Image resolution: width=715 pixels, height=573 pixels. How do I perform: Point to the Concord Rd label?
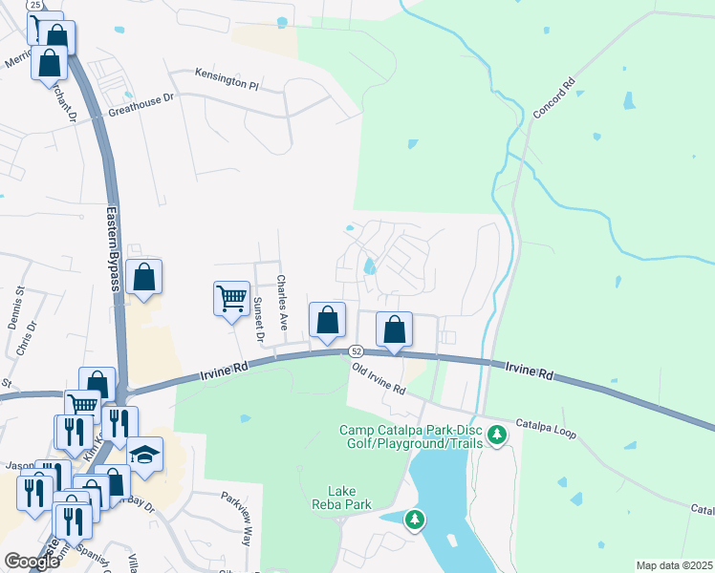pyautogui.click(x=553, y=98)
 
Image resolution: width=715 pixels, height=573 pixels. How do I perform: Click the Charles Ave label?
pyautogui.click(x=282, y=303)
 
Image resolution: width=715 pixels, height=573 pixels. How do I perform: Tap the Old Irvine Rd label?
pyautogui.click(x=379, y=378)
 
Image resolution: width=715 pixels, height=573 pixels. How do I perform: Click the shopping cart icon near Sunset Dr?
pyautogui.click(x=232, y=300)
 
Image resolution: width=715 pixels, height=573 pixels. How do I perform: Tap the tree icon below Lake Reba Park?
pyautogui.click(x=414, y=520)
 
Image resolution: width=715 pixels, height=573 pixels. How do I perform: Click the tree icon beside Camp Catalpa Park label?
pyautogui.click(x=496, y=435)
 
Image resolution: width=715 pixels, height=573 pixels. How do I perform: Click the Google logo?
pyautogui.click(x=32, y=562)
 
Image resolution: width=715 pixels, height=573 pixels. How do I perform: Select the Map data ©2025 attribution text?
pyautogui.click(x=674, y=565)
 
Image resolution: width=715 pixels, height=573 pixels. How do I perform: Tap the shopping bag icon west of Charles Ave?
pyautogui.click(x=143, y=279)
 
